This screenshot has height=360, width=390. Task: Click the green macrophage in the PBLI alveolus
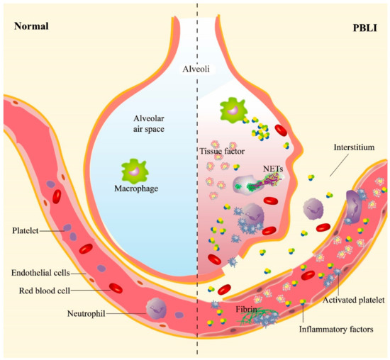point(232,111)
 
